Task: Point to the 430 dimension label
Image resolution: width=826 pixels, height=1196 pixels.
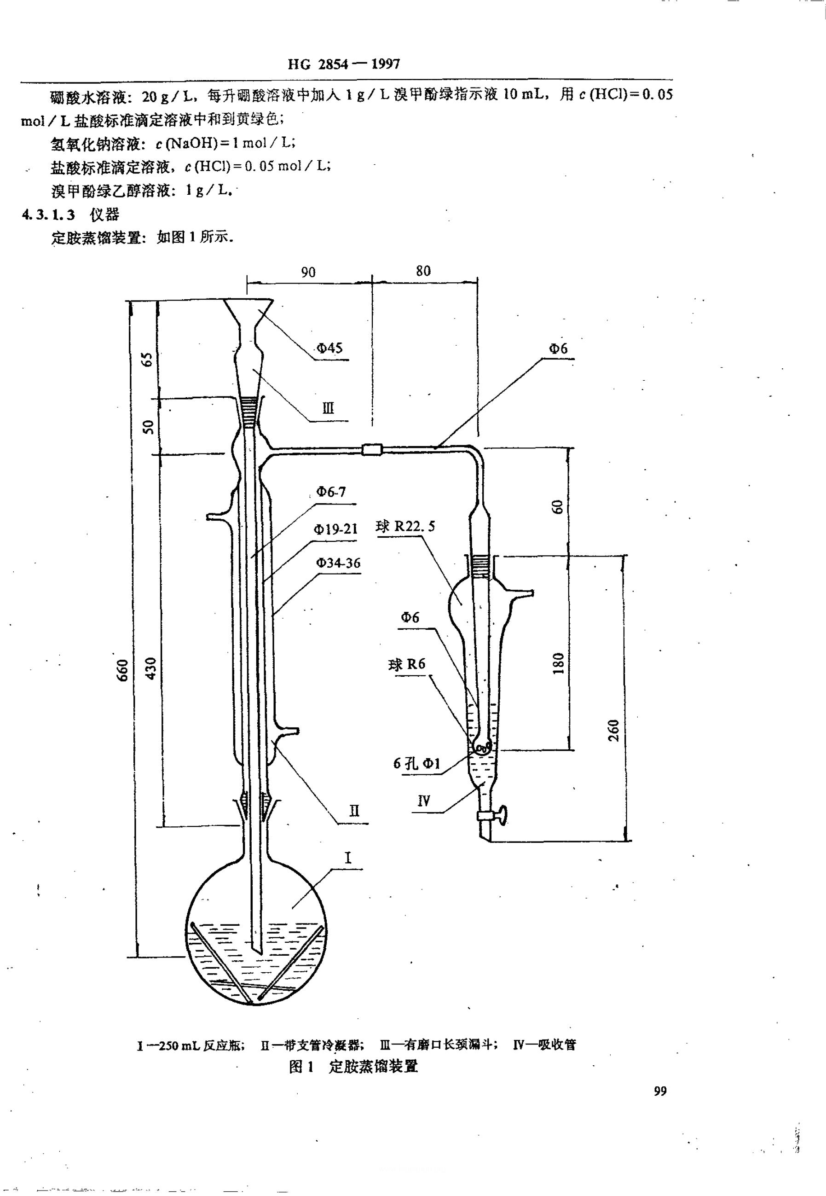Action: click(x=150, y=668)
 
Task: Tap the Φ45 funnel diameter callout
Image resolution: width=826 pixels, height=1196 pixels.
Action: click(x=329, y=348)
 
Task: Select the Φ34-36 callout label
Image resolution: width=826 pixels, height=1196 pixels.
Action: click(x=338, y=563)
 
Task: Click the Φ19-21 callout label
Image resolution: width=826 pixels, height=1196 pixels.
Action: click(x=335, y=529)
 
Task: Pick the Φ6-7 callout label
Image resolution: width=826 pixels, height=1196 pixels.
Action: click(x=331, y=492)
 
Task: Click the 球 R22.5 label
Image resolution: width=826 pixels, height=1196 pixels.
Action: click(x=405, y=527)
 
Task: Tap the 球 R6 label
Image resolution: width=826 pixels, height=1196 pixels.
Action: click(x=407, y=664)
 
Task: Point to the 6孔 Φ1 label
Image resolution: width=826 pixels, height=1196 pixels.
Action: click(x=416, y=763)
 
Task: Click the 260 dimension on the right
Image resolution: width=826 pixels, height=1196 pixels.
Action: click(x=614, y=730)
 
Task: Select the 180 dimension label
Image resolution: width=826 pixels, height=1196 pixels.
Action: click(x=558, y=663)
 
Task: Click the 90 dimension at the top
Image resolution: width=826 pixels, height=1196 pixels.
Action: click(x=308, y=273)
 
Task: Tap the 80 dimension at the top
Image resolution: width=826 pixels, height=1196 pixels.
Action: click(x=423, y=271)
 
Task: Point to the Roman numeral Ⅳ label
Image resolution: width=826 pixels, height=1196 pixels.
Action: click(x=423, y=801)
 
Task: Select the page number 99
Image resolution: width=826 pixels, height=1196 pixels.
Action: click(x=660, y=1091)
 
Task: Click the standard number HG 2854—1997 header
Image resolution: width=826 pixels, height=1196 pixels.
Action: click(x=344, y=64)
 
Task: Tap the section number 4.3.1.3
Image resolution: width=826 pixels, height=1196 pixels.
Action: click(x=48, y=215)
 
